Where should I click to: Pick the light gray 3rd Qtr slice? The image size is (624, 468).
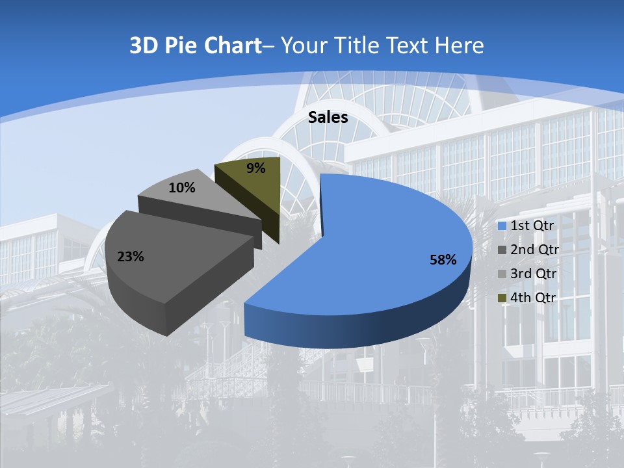point(195,195)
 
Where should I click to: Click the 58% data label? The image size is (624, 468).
point(443,260)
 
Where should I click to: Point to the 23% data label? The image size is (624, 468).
point(130,257)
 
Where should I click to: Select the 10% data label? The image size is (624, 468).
point(181,188)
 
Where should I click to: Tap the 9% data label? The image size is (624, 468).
point(256,168)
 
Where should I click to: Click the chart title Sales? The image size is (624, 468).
point(328,117)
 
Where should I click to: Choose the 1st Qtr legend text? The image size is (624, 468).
point(532,226)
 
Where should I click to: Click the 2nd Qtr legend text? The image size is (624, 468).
point(534,250)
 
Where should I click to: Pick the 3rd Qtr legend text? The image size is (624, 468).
point(534,274)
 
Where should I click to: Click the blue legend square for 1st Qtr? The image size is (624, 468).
point(502,226)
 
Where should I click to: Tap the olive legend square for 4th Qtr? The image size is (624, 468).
point(502,298)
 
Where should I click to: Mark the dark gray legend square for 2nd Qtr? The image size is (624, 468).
point(502,250)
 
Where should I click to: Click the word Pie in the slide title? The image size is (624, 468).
point(181,45)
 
